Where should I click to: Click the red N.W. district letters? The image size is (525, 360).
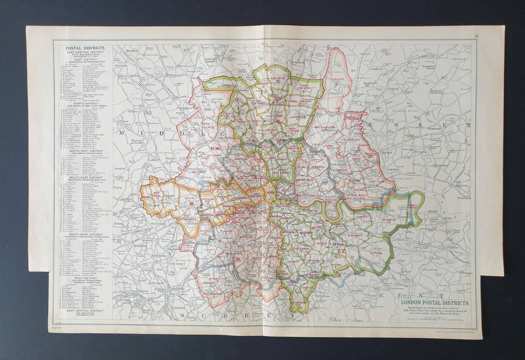pyautogui.click(x=215, y=148)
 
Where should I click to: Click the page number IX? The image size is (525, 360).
pyautogui.click(x=477, y=36)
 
